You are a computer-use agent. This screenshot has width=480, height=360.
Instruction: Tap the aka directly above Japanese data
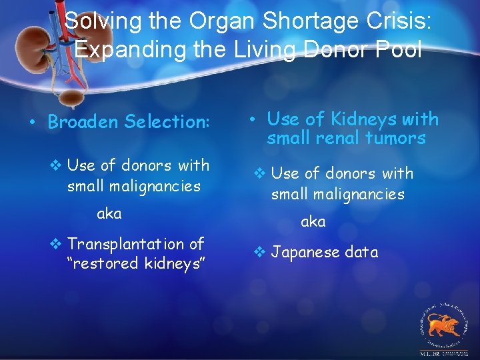(x=313, y=221)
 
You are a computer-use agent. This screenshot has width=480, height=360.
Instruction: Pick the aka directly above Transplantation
(x=109, y=213)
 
